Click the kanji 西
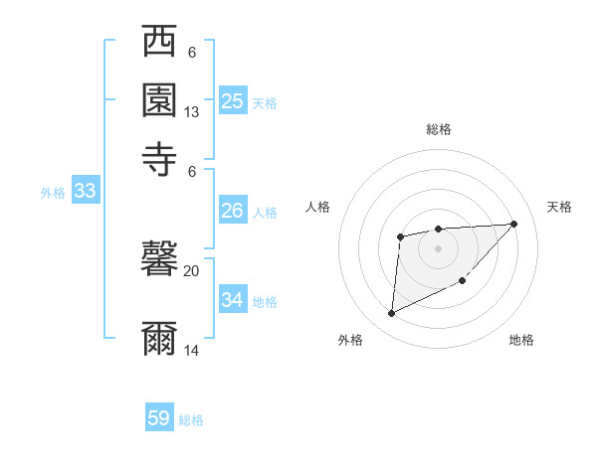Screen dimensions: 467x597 click(159, 42)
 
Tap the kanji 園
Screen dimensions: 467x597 click(159, 99)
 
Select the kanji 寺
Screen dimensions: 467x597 click(159, 157)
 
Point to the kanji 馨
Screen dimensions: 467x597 click(159, 260)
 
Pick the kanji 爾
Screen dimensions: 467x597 click(159, 338)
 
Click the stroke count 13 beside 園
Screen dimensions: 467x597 click(192, 112)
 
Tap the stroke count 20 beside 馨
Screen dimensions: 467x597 click(192, 269)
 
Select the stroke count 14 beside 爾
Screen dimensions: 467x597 click(192, 350)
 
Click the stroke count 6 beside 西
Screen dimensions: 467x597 click(192, 53)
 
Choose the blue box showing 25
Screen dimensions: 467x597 click(233, 100)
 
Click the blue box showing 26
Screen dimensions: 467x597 click(233, 211)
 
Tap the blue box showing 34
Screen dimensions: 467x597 click(233, 299)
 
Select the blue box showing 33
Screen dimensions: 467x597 click(85, 192)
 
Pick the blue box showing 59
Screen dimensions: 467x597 click(159, 418)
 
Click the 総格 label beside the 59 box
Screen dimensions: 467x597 click(192, 420)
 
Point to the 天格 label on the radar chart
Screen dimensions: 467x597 click(559, 207)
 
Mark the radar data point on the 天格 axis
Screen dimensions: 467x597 click(513, 224)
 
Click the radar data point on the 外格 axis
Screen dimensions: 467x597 click(391, 314)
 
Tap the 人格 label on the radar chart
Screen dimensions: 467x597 click(318, 207)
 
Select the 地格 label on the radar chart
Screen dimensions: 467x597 click(521, 340)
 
